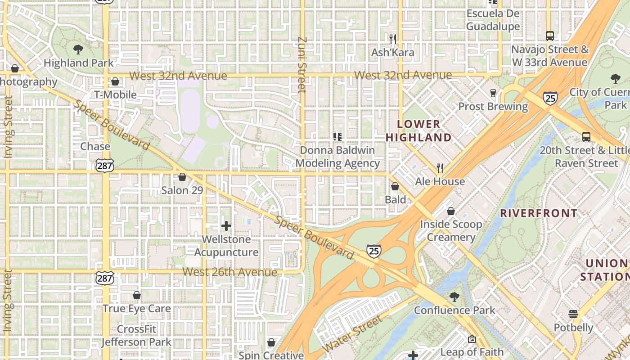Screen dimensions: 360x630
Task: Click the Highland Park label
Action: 79,63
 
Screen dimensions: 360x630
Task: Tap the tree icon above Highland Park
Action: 78,49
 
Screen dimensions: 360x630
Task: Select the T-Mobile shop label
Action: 115,94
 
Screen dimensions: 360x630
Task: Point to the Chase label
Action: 95,146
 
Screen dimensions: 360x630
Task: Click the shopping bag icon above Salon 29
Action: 182,177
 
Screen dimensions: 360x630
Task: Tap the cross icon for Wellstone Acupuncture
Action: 226,226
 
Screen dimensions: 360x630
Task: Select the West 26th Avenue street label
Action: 229,272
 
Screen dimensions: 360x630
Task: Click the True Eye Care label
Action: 136,309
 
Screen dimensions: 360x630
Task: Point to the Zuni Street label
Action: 302,65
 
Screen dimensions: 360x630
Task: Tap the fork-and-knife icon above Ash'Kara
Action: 392,39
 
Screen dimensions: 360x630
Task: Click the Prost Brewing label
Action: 493,107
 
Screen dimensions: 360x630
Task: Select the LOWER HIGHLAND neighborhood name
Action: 418,130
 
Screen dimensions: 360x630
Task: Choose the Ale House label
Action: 440,181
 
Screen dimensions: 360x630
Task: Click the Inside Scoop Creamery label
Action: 451,230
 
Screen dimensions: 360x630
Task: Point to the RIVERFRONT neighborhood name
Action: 539,213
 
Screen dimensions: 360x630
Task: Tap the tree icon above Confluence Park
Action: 454,297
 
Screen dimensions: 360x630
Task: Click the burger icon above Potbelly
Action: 573,314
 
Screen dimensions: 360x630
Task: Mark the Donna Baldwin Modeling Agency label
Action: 337,157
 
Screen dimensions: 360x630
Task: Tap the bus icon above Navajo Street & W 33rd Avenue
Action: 549,36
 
